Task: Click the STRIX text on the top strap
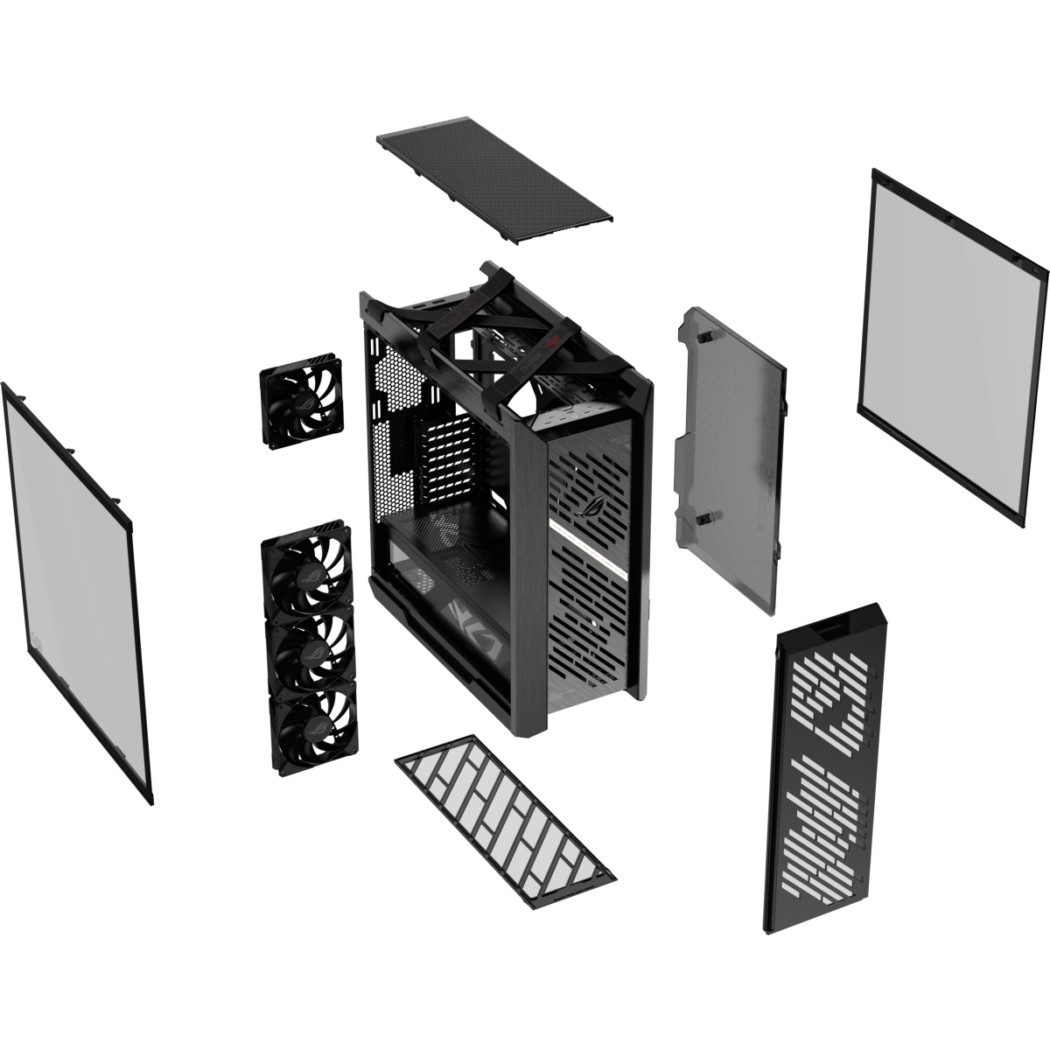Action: pyautogui.click(x=516, y=368)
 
